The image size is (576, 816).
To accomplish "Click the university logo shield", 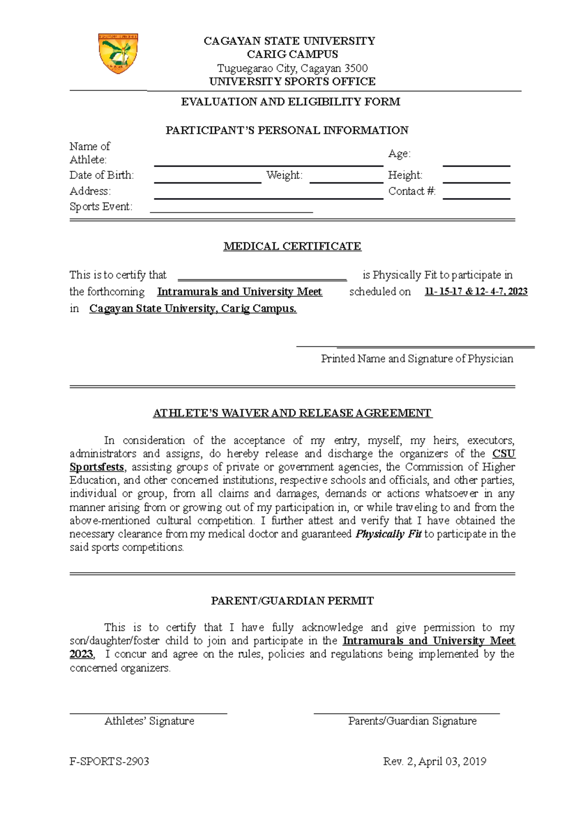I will tap(118, 53).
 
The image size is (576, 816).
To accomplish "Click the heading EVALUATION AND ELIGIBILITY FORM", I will tap(290, 102).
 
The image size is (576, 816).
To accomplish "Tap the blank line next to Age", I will tap(476, 165).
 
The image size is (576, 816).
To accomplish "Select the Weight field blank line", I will tap(346, 182).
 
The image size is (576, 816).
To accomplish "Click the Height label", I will tap(405, 175).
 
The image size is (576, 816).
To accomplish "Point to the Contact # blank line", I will tap(476, 198).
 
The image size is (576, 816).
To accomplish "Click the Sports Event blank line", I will tap(231, 211).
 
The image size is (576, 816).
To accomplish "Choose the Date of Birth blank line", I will tap(207, 182).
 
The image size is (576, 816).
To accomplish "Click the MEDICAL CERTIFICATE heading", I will tap(292, 247).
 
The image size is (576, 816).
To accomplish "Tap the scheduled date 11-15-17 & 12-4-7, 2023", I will tap(476, 292).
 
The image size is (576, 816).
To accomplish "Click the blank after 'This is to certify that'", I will tap(262, 279).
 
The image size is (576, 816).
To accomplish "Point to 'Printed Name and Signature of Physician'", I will tap(417, 359).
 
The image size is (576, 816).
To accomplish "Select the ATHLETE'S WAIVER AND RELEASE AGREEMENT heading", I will tap(292, 413).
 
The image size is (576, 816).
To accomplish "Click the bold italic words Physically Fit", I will tap(388, 534).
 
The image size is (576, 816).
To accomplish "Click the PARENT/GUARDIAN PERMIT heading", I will tap(292, 601).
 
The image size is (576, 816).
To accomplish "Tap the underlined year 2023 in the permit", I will tap(81, 655).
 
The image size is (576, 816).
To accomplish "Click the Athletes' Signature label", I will tap(149, 721).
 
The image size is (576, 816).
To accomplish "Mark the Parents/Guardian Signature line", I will tap(407, 713).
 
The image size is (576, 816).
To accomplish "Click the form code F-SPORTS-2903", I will tap(109, 762).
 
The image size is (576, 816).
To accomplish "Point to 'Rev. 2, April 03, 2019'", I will tap(434, 762).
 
